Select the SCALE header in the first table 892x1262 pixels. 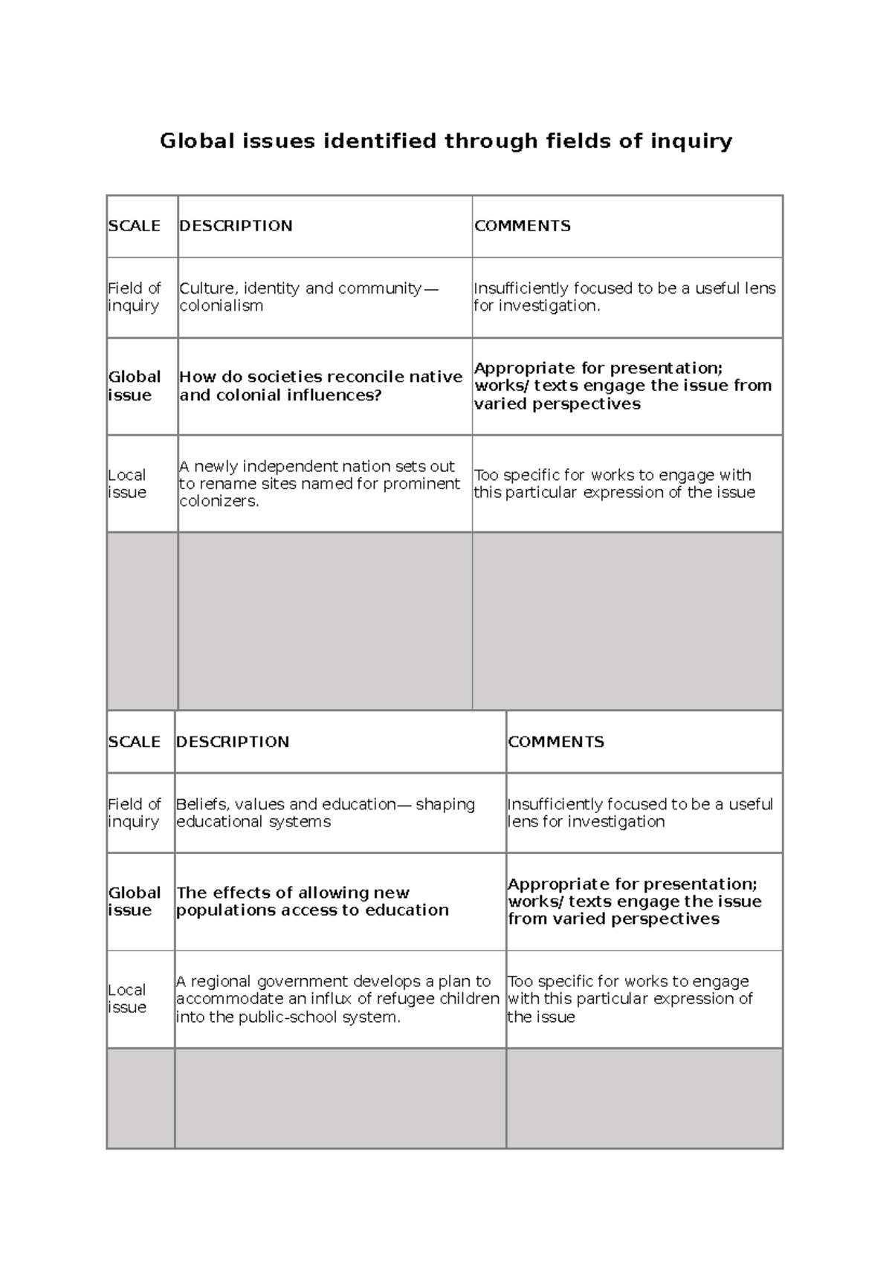pos(134,226)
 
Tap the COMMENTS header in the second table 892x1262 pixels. pos(555,742)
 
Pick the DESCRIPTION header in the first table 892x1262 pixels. pos(236,226)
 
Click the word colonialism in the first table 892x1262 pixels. pos(221,306)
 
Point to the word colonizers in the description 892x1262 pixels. pos(219,502)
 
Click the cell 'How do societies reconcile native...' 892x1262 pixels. pos(320,386)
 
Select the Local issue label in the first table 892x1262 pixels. pos(127,484)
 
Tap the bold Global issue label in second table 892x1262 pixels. pos(134,902)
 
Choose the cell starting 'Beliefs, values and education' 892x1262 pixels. pos(325,813)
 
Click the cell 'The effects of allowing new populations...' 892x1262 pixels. pos(312,902)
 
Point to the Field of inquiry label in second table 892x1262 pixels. pos(134,813)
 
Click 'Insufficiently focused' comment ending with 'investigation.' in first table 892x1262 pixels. pos(624,297)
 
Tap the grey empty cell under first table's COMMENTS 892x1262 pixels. pos(627,621)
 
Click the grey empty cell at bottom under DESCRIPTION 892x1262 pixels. pos(340,1098)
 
